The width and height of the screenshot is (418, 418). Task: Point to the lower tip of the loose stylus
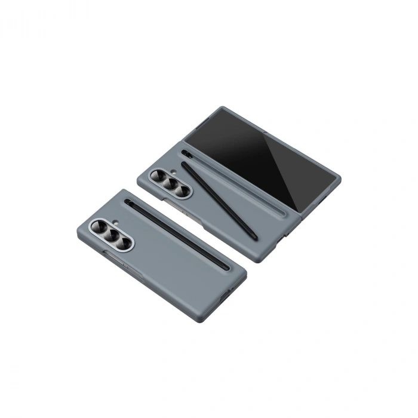click(x=255, y=237)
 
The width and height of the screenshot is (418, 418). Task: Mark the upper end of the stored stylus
click(x=130, y=203)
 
